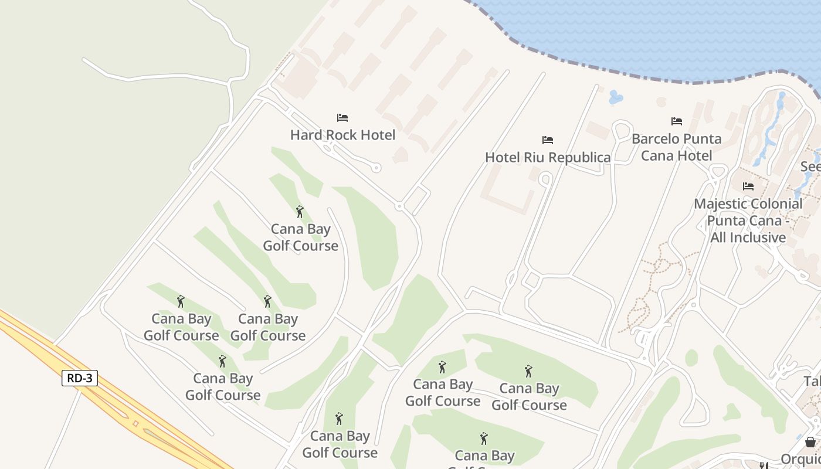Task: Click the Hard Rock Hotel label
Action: tap(342, 135)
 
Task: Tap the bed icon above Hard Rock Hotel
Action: tap(342, 118)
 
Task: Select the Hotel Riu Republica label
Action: tap(548, 157)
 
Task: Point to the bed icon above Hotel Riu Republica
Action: tap(548, 140)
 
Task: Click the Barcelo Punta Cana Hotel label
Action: tap(676, 147)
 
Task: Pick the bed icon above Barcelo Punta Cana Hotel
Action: tap(677, 121)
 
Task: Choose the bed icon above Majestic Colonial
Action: tap(748, 186)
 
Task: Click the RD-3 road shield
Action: tap(79, 378)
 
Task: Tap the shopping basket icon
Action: tap(810, 442)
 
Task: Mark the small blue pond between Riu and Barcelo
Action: tap(615, 97)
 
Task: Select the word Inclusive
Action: tap(748, 237)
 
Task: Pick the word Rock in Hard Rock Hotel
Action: tap(343, 135)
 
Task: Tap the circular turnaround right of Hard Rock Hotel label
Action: tap(376, 168)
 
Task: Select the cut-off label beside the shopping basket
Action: tap(801, 458)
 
